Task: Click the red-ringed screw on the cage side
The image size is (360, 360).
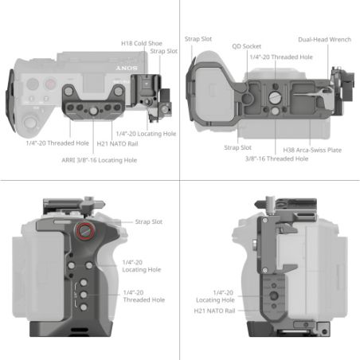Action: pyautogui.click(x=84, y=233)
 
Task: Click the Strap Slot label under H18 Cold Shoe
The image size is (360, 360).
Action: pyautogui.click(x=165, y=52)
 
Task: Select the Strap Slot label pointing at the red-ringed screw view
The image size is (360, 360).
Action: pyautogui.click(x=149, y=221)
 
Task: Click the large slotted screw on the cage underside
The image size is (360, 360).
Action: pyautogui.click(x=275, y=97)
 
